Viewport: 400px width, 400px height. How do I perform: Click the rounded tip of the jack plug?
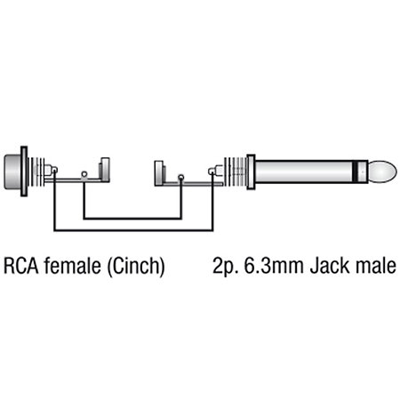[x=383, y=172]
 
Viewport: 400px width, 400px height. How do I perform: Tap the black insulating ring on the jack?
[x=356, y=172]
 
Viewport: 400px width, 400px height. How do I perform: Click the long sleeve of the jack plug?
[x=304, y=172]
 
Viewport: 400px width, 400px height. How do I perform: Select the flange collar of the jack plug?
[x=251, y=172]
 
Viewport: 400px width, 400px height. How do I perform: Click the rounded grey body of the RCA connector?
[x=12, y=172]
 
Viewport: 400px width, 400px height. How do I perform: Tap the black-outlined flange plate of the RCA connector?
[x=24, y=172]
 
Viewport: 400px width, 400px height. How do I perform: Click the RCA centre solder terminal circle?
[x=54, y=170]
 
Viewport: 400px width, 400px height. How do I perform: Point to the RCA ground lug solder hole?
[x=84, y=174]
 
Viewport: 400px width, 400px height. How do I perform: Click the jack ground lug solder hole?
[x=180, y=178]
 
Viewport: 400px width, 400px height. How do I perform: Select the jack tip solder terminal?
[x=212, y=172]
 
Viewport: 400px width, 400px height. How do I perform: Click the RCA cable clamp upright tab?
[x=105, y=170]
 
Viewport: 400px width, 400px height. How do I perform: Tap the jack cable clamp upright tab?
[x=159, y=173]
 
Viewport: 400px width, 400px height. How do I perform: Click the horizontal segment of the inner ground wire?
[x=132, y=219]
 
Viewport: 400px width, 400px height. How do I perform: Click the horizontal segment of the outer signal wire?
[x=133, y=229]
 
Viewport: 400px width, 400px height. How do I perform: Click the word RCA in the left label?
[x=21, y=266]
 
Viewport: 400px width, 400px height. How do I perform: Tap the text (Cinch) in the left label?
[x=136, y=267]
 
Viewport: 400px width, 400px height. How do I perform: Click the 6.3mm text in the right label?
[x=274, y=266]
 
